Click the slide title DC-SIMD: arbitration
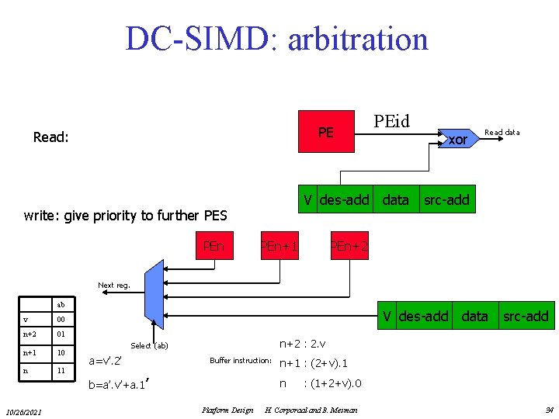point(277,38)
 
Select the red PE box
point(325,133)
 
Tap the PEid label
point(391,121)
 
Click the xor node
point(458,140)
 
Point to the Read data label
point(502,133)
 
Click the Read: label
point(51,137)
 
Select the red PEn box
point(214,247)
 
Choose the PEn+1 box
point(280,247)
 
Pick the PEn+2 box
point(349,247)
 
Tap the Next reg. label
point(113,286)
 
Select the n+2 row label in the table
point(32,335)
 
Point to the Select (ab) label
point(149,345)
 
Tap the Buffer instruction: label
point(240,360)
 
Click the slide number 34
point(548,410)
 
